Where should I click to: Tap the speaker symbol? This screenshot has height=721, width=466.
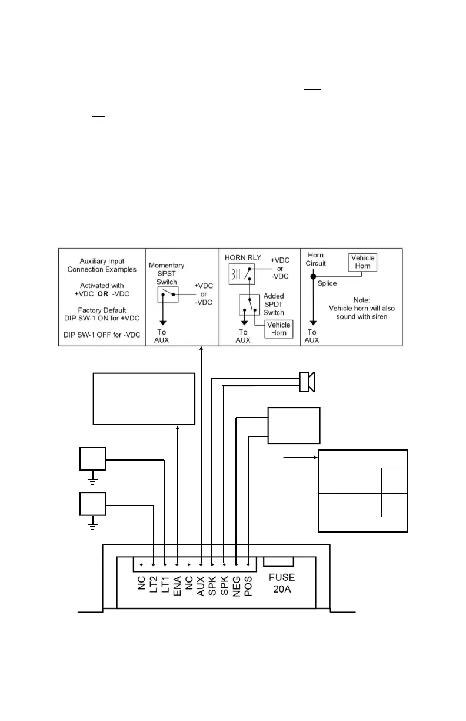pos(307,382)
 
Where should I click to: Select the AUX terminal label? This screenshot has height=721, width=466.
pos(201,586)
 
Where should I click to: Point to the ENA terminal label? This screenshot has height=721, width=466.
pos(177,586)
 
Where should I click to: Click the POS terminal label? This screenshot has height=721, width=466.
pos(248,586)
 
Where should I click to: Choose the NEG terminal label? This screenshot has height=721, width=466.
pos(237,586)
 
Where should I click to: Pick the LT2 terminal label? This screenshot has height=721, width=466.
pos(154,586)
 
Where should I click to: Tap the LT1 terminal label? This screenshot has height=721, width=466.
pos(165,586)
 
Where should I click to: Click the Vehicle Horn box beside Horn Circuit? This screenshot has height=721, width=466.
pos(363,263)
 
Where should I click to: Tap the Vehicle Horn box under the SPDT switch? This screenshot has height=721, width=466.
pos(279,329)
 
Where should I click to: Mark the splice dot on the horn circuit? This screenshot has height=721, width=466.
pos(313,276)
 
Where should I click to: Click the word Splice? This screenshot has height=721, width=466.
pos(328,283)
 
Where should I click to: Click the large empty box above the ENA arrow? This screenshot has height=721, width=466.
pos(144,398)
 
